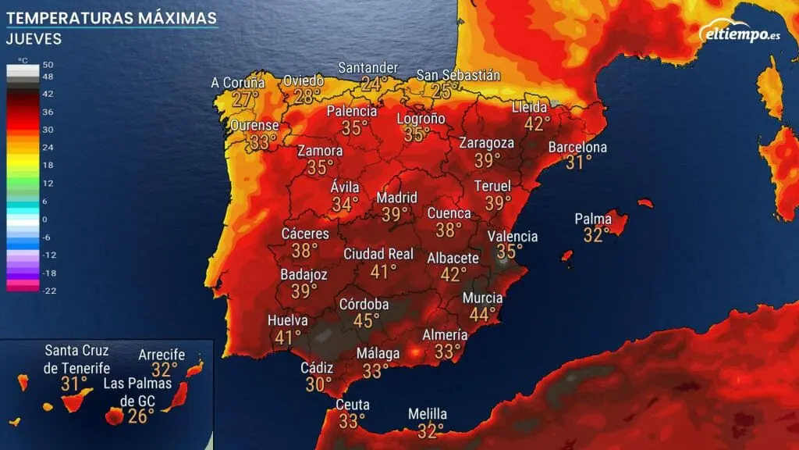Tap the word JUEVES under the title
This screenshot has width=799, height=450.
34,38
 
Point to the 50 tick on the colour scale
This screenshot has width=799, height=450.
48,64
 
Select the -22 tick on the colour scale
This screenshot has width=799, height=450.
48,291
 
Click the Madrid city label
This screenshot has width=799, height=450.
397,197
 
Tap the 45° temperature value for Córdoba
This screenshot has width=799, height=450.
366,320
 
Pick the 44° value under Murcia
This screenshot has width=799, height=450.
482,314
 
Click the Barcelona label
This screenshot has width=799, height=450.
577,147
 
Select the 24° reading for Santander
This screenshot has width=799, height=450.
374,83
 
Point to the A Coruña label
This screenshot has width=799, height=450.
239,82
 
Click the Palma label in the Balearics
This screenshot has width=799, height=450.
593,219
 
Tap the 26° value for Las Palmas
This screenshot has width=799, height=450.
140,416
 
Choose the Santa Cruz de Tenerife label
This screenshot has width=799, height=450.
77,359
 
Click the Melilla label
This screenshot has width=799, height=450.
428,414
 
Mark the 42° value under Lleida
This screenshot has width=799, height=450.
537,123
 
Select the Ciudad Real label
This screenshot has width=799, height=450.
378,254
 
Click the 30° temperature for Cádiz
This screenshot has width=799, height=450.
319,384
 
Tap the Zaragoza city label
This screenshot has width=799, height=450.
487,143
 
